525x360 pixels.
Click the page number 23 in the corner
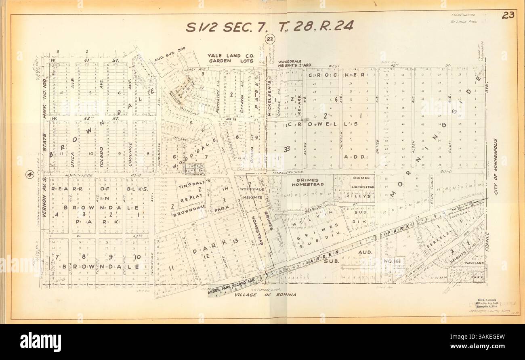[x=508, y=16]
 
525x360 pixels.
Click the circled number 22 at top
[x=270, y=39]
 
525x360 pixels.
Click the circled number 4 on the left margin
[x=29, y=175]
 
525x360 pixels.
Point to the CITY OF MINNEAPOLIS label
[x=496, y=166]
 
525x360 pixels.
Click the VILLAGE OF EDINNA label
[x=265, y=295]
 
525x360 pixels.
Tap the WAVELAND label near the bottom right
[x=474, y=263]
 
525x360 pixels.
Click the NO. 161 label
[x=394, y=261]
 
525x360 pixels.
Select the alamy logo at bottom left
[x=40, y=342]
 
